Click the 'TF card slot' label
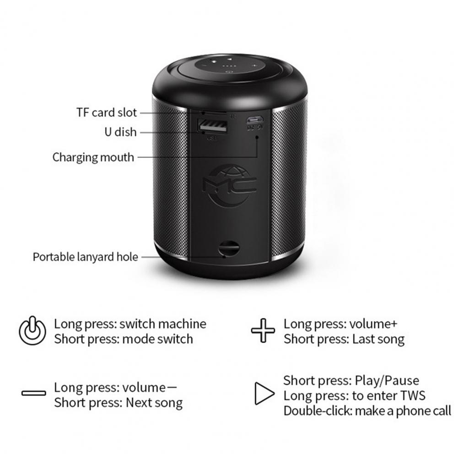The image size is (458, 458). point(107,113)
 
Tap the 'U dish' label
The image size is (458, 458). point(121,132)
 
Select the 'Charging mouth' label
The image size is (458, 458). point(93,157)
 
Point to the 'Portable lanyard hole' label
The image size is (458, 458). point(85,257)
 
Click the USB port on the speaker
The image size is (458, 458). point(213,126)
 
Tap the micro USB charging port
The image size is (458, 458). point(255,119)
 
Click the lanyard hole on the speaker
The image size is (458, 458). point(228,248)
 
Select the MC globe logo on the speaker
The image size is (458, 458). point(230,186)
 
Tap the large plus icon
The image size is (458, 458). point(263,330)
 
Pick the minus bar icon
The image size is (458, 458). point(33,393)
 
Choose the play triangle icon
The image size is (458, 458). point(264,393)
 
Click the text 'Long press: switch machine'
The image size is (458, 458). point(130,324)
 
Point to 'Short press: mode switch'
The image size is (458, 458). point(124,339)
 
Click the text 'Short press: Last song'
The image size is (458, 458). point(344,339)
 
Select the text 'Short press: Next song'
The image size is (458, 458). point(119,403)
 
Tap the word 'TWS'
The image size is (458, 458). point(412,395)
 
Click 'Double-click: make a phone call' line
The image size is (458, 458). point(367,411)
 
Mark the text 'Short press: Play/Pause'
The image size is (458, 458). point(351,381)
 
